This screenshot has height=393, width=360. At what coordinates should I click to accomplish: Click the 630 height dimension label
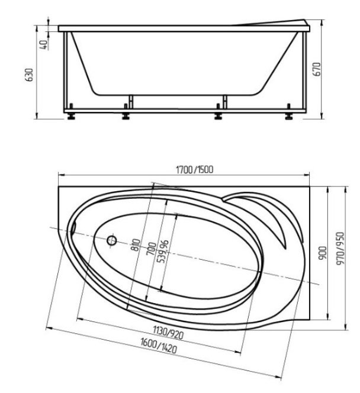tap(30, 75)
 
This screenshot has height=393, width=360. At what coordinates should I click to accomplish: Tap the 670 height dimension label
tap(317, 69)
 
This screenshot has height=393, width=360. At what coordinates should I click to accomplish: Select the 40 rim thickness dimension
tap(43, 44)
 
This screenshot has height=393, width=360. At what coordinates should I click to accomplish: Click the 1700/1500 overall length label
tap(195, 170)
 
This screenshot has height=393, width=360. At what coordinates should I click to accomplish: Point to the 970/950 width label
tap(340, 249)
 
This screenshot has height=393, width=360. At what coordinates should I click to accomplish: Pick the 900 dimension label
tap(323, 253)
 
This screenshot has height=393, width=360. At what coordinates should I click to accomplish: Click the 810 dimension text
tap(136, 245)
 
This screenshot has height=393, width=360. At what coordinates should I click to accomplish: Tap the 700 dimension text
tap(152, 249)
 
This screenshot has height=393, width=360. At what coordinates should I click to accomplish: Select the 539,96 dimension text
tap(163, 252)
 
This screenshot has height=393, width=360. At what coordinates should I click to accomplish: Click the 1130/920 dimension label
tap(168, 333)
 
